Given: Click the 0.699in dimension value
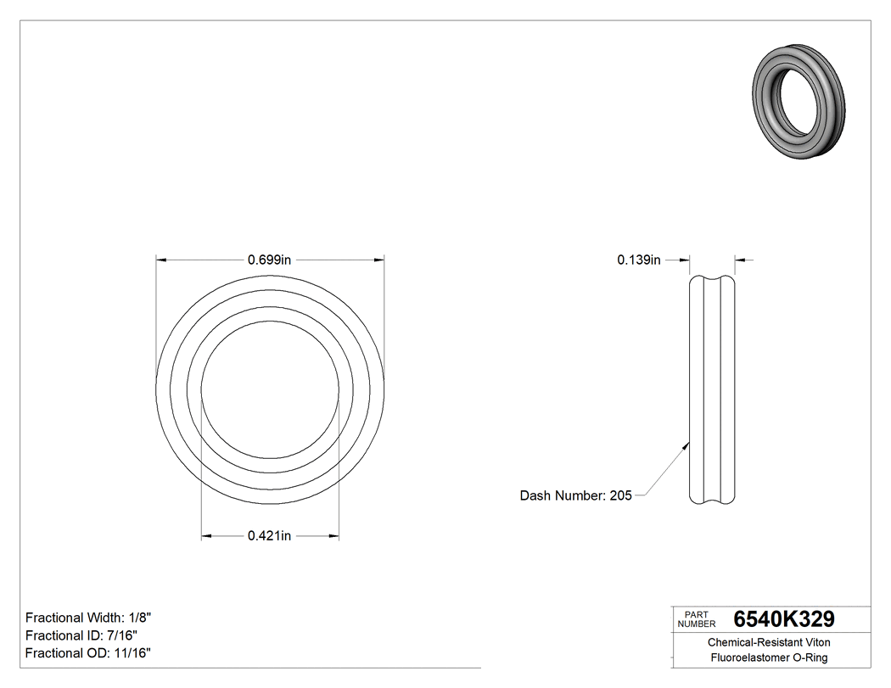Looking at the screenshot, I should click(269, 260).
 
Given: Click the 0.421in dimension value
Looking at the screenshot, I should click(269, 535).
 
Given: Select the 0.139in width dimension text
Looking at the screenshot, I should click(638, 260).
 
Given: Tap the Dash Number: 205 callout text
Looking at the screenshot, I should click(575, 495).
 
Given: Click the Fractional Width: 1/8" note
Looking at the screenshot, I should click(88, 618).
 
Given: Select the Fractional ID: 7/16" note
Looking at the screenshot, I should click(81, 635).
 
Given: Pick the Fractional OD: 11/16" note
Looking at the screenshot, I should click(88, 652).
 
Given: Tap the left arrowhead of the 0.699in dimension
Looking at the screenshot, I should click(160, 260).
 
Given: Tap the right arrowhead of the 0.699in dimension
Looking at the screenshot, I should click(379, 260).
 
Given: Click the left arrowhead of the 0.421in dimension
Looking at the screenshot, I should click(206, 535).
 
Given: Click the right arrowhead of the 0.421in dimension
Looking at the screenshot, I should click(333, 535).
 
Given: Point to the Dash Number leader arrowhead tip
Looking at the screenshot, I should click(689, 442).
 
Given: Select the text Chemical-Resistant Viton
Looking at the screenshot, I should click(769, 643).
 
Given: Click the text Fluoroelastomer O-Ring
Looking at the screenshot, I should click(769, 657).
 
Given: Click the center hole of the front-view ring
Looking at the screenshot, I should click(269, 390).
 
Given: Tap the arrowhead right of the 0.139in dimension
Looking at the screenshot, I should click(739, 260).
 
